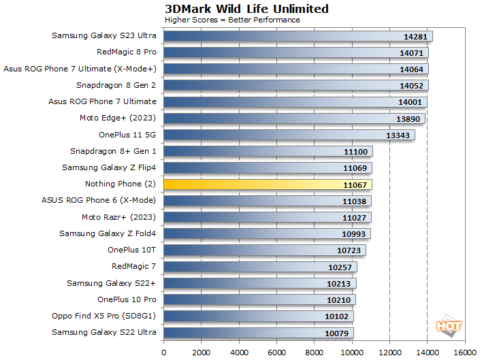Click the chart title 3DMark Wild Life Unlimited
coord(246,9)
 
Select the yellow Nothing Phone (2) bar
coord(268,184)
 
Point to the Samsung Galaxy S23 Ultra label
coord(104,35)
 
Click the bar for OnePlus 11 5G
coord(289,135)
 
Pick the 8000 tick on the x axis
coord(315,353)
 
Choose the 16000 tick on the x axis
coord(465,353)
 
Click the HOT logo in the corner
coord(449,325)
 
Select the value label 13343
coord(398,135)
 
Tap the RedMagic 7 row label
coord(134,266)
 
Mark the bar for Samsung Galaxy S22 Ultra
coord(258,333)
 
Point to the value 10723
coord(349,250)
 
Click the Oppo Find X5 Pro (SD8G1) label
coord(104,316)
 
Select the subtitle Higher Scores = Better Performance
coord(232,20)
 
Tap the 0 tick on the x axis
coord(164,353)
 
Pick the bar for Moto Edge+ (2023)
coord(294,118)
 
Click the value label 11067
coord(355,184)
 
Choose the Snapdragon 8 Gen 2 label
coord(116,85)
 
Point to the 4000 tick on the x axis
coord(239,353)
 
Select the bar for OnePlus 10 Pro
coord(259,299)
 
